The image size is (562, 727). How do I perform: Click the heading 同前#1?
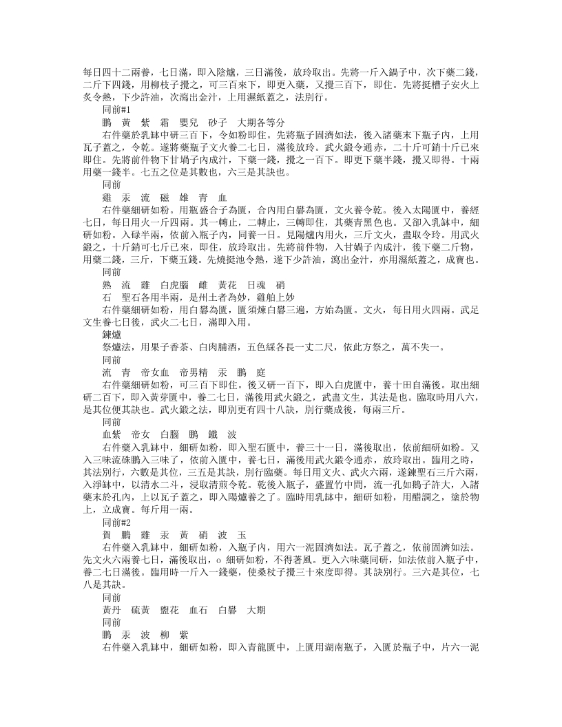pos(116,110)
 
